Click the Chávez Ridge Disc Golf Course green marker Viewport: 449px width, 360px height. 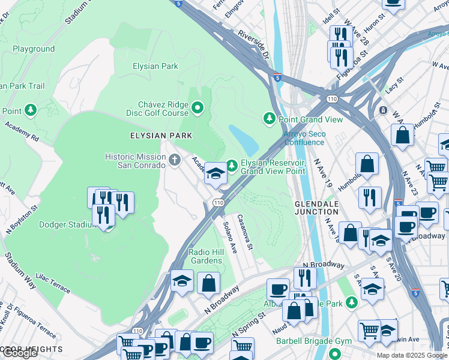point(198,109)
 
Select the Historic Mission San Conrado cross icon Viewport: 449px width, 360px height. point(175,160)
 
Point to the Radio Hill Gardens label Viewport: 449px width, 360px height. point(206,256)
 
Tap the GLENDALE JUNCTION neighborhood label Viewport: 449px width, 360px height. point(318,208)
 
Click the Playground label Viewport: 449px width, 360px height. point(34,49)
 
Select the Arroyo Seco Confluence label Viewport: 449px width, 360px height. point(304,138)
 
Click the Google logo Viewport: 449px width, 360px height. point(20,353)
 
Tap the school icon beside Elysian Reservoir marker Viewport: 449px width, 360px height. point(215,175)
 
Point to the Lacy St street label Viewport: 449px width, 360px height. point(393,87)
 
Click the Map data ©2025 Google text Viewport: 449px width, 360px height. point(412,355)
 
